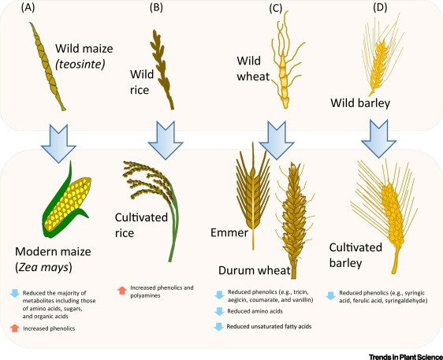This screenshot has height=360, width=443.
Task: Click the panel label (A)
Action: click(x=28, y=8)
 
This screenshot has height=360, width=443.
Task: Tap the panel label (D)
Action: click(x=380, y=8)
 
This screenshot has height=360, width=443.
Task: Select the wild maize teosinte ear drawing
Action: click(x=47, y=67)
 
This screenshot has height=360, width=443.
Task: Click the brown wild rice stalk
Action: click(x=162, y=70)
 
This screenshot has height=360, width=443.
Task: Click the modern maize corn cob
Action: click(x=67, y=202)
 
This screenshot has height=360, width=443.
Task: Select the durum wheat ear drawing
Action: click(x=294, y=221)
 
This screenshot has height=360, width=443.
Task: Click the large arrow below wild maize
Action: click(x=58, y=143)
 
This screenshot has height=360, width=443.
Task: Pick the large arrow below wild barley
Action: click(x=378, y=139)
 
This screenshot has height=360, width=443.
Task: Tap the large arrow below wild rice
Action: click(x=166, y=140)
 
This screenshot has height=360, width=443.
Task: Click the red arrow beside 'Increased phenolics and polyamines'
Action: click(x=122, y=290)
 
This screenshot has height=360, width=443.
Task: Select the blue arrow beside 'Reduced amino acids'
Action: click(x=219, y=311)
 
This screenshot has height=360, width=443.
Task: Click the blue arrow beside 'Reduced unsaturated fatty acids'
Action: click(x=219, y=327)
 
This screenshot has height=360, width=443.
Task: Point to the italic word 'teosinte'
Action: click(x=80, y=65)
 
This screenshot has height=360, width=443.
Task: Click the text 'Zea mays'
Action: click(x=43, y=267)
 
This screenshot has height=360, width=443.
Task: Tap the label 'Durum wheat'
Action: click(x=255, y=270)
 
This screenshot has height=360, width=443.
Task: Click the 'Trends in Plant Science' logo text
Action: click(x=406, y=356)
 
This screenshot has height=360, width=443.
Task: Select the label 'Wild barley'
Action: click(x=360, y=103)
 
